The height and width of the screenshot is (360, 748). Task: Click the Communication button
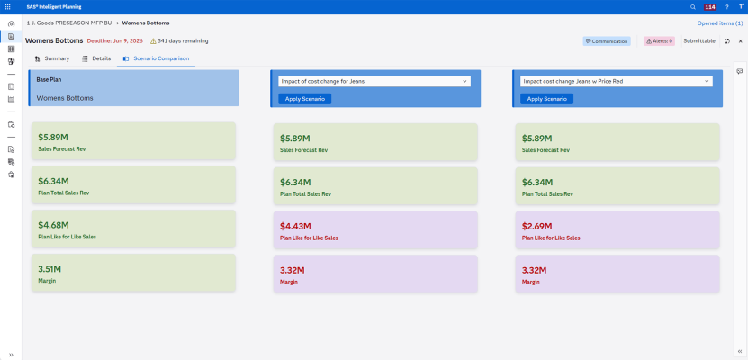coord(607,40)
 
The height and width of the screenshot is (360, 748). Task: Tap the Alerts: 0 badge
coord(659,40)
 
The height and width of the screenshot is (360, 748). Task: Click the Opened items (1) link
coord(719,22)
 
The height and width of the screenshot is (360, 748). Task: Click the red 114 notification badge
coord(710,6)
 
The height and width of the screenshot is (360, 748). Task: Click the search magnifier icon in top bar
coord(692,6)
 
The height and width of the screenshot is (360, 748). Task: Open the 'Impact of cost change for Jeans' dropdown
coord(374,81)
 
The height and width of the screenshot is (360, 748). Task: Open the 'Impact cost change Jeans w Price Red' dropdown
coord(616,81)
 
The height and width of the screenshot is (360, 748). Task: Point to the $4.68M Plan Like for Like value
coord(54,225)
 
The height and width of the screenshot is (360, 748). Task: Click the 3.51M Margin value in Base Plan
coord(50,268)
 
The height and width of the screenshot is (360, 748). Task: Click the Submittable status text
coord(699,40)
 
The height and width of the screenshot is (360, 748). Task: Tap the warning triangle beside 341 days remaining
coord(153,40)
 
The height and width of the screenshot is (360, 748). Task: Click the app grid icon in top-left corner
coord(8,6)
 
